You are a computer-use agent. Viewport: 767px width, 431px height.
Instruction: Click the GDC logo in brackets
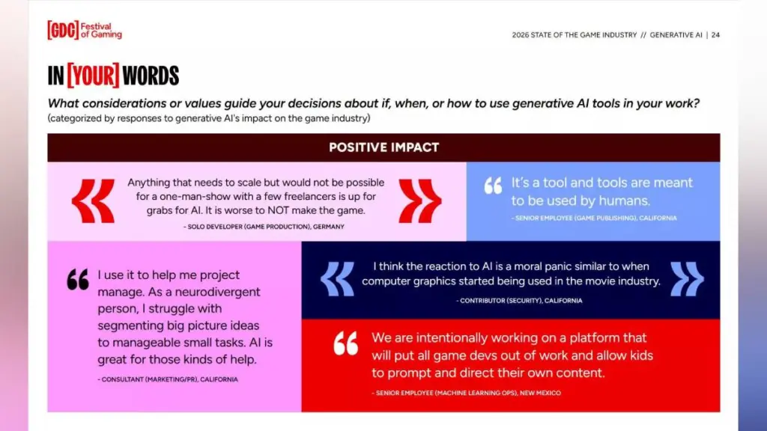click(x=63, y=30)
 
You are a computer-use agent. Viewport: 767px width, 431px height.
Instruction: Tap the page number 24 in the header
click(x=715, y=35)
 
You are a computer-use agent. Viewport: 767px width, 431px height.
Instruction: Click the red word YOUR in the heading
click(x=93, y=76)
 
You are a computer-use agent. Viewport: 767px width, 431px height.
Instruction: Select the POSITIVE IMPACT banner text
click(x=384, y=147)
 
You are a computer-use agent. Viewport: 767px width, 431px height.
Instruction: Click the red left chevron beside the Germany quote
click(x=93, y=201)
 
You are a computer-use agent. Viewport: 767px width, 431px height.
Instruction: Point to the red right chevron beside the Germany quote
click(x=419, y=201)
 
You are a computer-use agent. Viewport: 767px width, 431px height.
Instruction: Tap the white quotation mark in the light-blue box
click(x=493, y=186)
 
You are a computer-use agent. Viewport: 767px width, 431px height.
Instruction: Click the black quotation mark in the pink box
click(x=78, y=280)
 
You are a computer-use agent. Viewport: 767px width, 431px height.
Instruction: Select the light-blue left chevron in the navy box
click(x=337, y=279)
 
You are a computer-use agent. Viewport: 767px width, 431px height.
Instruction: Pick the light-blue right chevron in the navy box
click(x=688, y=279)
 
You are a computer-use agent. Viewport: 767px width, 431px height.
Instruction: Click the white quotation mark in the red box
click(x=346, y=343)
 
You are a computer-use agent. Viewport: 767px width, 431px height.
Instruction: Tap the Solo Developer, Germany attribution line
click(x=264, y=227)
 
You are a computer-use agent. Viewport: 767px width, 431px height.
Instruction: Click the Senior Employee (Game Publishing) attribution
click(x=594, y=218)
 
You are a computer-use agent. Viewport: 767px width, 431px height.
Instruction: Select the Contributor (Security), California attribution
click(x=519, y=301)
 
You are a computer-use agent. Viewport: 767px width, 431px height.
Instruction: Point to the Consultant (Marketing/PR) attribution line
click(x=168, y=379)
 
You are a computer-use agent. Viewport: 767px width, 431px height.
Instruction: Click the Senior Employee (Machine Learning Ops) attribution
click(x=466, y=393)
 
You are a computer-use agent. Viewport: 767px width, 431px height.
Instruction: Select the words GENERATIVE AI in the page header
click(x=676, y=35)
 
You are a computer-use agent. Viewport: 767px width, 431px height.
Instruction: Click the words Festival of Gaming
click(x=101, y=30)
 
